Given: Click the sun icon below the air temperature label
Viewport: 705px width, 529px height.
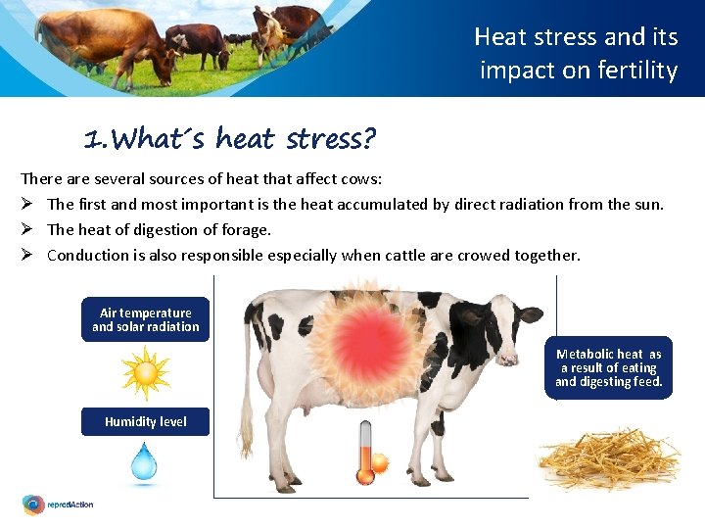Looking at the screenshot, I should (x=146, y=373).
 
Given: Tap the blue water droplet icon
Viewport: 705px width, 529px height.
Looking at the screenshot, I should (x=145, y=461).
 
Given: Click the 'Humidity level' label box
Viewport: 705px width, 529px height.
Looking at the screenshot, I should (x=145, y=421).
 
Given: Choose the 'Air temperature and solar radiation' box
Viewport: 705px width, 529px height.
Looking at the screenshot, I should (x=145, y=319).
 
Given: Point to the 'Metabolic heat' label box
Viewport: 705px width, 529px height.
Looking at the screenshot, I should (x=608, y=367).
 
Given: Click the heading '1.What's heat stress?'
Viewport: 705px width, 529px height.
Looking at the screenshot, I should (x=229, y=140).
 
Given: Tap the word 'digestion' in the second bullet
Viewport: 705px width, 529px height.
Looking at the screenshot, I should (x=162, y=230).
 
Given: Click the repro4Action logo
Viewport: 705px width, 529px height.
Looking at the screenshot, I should (x=58, y=505).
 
